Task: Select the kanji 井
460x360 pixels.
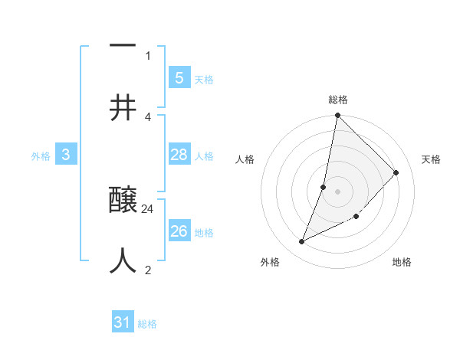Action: pyautogui.click(x=123, y=106)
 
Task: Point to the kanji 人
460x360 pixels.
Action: pyautogui.click(x=123, y=261)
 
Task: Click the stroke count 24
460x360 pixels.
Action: pyautogui.click(x=148, y=208)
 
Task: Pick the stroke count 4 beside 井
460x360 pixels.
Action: pyautogui.click(x=148, y=116)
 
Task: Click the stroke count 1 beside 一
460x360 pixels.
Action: pyautogui.click(x=148, y=55)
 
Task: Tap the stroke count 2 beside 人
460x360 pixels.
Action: pyautogui.click(x=148, y=270)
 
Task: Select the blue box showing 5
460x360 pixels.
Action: pyautogui.click(x=179, y=77)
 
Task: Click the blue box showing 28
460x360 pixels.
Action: pyautogui.click(x=179, y=155)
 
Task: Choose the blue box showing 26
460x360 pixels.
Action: pyautogui.click(x=179, y=231)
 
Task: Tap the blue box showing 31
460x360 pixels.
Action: pyautogui.click(x=123, y=322)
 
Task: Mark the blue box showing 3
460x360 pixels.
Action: pyautogui.click(x=66, y=155)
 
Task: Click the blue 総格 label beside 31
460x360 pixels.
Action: pyautogui.click(x=147, y=324)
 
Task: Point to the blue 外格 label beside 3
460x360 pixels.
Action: pyautogui.click(x=41, y=156)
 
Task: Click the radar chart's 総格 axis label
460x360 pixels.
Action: pyautogui.click(x=338, y=100)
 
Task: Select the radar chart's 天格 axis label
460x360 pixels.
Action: pyautogui.click(x=431, y=159)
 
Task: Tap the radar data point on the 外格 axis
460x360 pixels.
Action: pyautogui.click(x=302, y=242)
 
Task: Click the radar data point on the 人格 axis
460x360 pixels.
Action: pyautogui.click(x=324, y=187)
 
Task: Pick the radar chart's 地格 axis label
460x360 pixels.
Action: pyautogui.click(x=402, y=263)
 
